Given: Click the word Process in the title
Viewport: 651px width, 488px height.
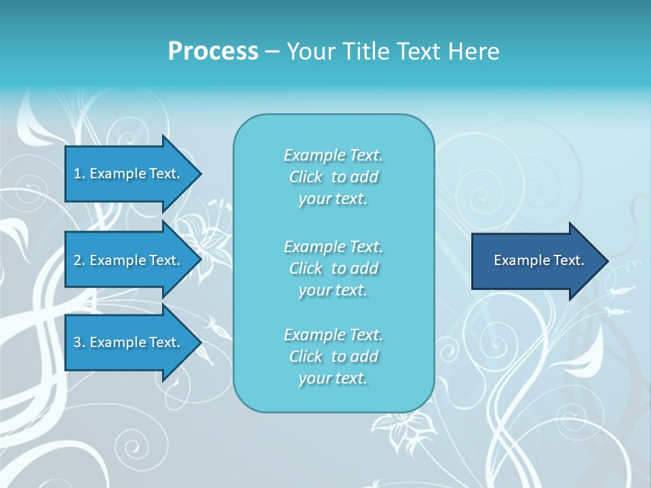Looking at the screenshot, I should [x=213, y=52].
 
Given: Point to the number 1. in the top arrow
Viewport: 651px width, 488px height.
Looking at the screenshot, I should [x=79, y=174].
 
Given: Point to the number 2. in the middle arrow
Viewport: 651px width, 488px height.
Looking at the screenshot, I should [x=79, y=260].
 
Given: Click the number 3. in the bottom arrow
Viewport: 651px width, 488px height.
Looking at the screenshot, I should [x=79, y=342].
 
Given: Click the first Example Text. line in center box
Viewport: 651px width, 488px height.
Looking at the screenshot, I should [x=333, y=155].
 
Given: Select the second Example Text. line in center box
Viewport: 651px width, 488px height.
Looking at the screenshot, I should [x=333, y=246].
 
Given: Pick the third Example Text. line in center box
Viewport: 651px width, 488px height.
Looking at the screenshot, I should [x=333, y=335].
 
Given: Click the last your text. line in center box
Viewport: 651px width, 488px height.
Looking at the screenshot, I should [x=333, y=378].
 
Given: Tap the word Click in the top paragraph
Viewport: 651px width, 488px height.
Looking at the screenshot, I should [x=306, y=177].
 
